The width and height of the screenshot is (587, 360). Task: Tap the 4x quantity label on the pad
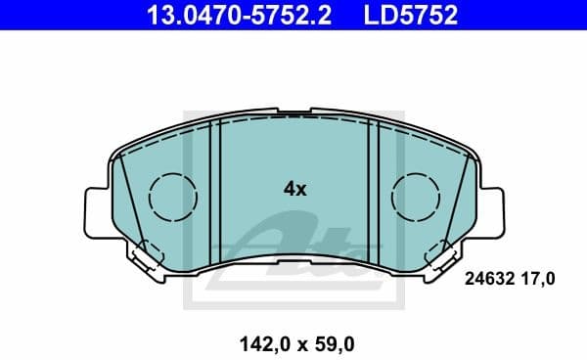[x=294, y=190]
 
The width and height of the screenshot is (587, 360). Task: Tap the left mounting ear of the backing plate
[x=99, y=209]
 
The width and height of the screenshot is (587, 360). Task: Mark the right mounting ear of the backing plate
[x=489, y=209]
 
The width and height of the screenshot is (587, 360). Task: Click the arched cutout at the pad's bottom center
[x=294, y=256]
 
